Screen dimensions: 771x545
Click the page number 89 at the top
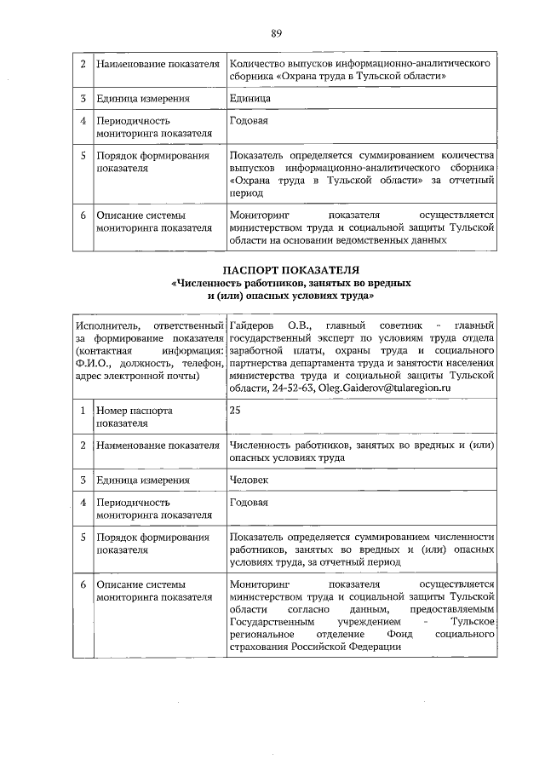tap(276, 34)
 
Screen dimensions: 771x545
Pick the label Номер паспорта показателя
tap(135, 416)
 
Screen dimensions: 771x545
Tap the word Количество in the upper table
tap(261, 64)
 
